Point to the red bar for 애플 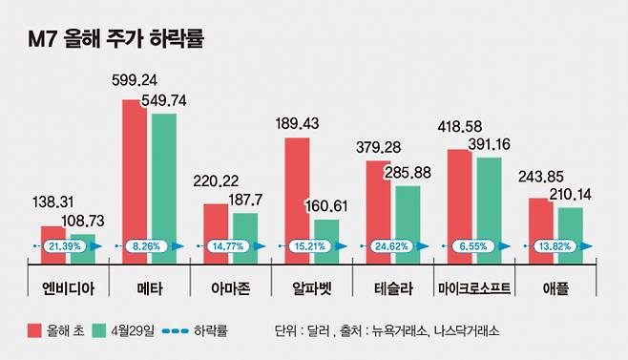pyautogui.click(x=540, y=229)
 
